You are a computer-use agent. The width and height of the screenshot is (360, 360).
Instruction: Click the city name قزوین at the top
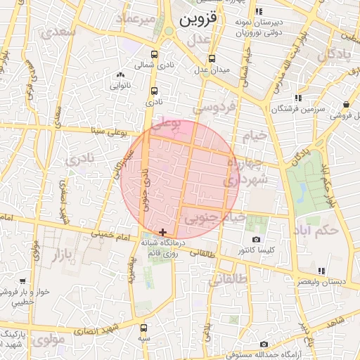pyautogui.click(x=203, y=20)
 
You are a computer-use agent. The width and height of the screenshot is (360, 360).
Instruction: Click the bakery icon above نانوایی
pyautogui.click(x=121, y=75)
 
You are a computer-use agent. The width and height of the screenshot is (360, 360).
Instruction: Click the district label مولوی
pyautogui.click(x=49, y=340)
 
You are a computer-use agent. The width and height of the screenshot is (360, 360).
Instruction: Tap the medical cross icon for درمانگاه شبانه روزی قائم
pyautogui.click(x=163, y=232)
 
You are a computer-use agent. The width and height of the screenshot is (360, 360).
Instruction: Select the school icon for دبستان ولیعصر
pyautogui.click(x=321, y=271)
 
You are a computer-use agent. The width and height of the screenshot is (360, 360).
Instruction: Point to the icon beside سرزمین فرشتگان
pyautogui.click(x=298, y=98)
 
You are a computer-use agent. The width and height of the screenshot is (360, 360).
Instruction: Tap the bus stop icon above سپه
pyautogui.click(x=144, y=328)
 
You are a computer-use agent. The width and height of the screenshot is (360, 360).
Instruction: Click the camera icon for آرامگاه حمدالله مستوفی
pyautogui.click(x=264, y=344)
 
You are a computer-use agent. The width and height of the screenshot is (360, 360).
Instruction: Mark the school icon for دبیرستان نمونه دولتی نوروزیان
pyautogui.click(x=259, y=11)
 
